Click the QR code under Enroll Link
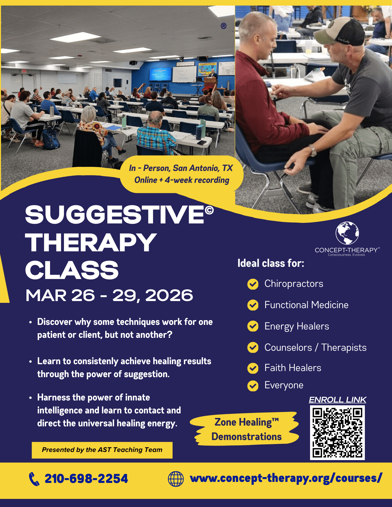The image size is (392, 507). click(x=337, y=432)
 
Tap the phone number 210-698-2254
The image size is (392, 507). click(x=86, y=479)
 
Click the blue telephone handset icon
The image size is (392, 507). click(x=34, y=479)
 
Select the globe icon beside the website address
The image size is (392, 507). click(x=176, y=479)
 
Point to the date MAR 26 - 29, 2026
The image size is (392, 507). click(x=109, y=295)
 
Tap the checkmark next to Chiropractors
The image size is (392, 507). click(x=253, y=284)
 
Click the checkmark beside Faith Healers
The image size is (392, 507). click(x=253, y=368)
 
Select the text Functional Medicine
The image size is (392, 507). click(x=306, y=305)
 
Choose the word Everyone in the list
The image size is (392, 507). click(x=284, y=385)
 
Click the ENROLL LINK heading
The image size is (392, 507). click(x=337, y=400)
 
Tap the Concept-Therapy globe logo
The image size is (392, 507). click(x=347, y=233)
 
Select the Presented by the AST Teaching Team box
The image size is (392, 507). click(x=102, y=450)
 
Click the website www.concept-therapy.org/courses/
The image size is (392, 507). click(x=286, y=478)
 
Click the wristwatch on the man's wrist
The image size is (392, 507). click(x=313, y=150)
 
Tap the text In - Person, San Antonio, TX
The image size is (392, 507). click(x=181, y=168)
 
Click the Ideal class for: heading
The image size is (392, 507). click(x=271, y=263)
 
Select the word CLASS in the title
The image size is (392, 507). click(x=72, y=270)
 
